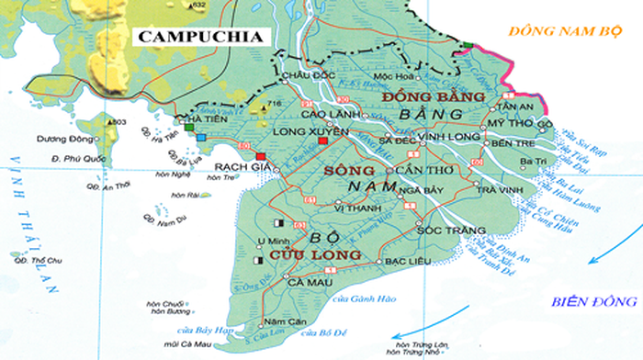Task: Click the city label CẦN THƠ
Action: (x=423, y=171)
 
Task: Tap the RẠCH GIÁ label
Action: (x=233, y=167)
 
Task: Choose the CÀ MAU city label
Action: (x=282, y=283)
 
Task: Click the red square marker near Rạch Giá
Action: (x=261, y=156)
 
